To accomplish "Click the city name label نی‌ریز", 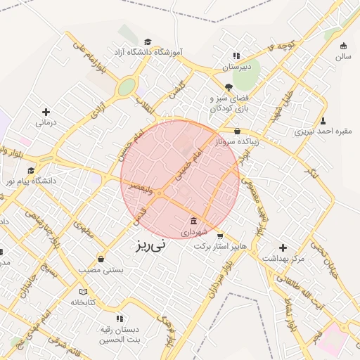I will (152, 245).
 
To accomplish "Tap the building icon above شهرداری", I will (193, 221).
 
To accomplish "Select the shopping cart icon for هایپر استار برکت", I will (220, 236).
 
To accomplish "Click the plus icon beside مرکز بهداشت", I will (283, 247).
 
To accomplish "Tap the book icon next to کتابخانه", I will (83, 292).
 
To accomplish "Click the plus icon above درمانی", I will (46, 112).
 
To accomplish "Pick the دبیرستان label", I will (236, 67).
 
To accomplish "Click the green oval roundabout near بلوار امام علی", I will (127, 86).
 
